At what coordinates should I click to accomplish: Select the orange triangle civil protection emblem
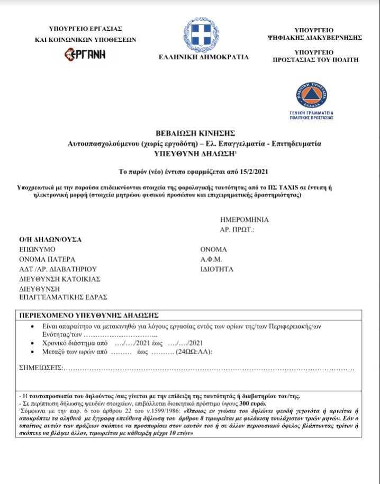coord(311,95)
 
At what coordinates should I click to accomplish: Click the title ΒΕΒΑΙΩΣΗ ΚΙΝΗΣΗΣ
coord(194,133)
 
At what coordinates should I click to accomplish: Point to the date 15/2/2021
coord(246,172)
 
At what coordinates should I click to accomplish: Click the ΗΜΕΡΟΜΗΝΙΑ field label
coord(244,219)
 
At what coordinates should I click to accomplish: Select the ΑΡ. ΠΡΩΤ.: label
coord(238,229)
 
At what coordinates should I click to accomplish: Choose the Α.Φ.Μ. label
coord(211,259)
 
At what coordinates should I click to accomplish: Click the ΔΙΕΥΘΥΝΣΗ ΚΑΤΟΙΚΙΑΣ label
coord(59,279)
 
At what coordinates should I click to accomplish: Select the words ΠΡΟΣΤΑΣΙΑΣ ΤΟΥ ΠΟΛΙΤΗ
coord(315,60)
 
